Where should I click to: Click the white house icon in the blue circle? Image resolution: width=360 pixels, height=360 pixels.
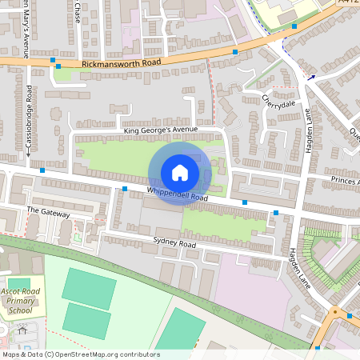180,173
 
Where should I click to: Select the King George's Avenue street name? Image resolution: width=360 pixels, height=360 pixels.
159,129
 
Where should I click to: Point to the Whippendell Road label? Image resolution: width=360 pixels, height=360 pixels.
177,194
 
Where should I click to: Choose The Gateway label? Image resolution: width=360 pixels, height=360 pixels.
49,213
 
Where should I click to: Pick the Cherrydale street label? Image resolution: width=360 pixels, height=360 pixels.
278,102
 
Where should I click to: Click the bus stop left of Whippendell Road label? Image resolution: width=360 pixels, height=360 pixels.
125,189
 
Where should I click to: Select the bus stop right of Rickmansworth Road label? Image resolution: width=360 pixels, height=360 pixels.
235,51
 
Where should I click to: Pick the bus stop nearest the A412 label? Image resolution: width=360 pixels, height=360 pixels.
294,26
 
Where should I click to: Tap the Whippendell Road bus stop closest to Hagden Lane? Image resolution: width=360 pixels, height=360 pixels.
276,213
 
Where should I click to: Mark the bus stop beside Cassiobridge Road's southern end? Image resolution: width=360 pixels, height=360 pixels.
42,170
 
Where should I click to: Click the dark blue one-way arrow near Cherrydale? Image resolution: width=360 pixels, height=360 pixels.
311,78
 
